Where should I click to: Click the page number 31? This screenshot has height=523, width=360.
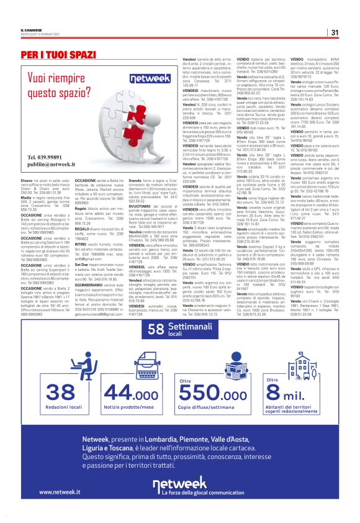pyautogui.click(x=334, y=32)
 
